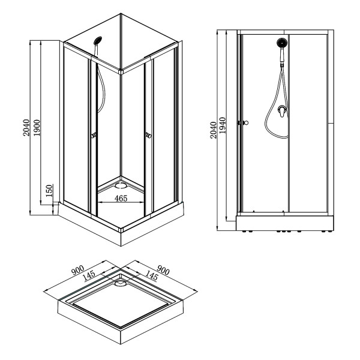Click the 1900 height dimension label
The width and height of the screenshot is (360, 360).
pyautogui.click(x=37, y=127)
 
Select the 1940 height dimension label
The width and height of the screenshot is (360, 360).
pyautogui.click(x=223, y=128)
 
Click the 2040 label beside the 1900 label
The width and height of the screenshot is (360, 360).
pyautogui.click(x=26, y=127)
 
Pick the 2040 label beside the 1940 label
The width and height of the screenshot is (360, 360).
pyautogui.click(x=214, y=128)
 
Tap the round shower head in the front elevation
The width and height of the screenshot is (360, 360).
pyautogui.click(x=282, y=43)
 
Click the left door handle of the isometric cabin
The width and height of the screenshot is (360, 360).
pyautogui.click(x=94, y=136)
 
